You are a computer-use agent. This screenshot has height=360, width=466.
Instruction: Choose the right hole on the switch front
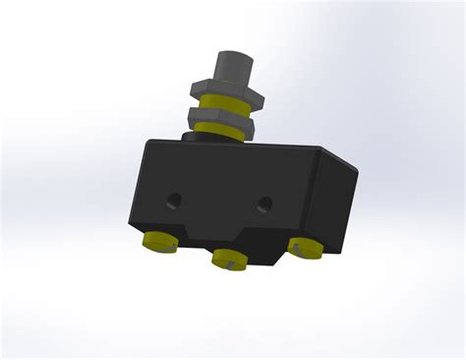[263, 205]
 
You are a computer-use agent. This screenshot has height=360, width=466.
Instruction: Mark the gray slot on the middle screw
[229, 263]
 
